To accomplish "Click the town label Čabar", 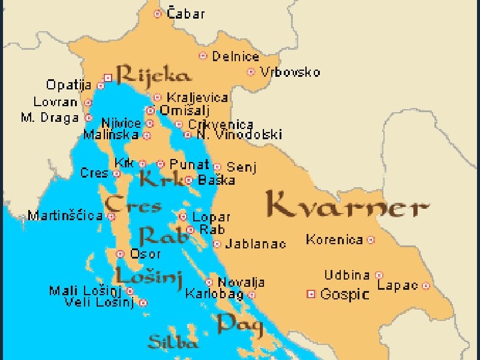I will pos(185,13).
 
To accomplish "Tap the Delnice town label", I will pos(235,56).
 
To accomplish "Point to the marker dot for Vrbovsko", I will pos(251,72).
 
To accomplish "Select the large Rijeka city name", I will pos(154,76).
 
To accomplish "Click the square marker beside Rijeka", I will pos(108,77).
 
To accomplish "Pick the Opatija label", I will pos(69,85).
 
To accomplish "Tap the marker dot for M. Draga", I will pos(89,118).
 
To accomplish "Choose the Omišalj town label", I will pos(187,110).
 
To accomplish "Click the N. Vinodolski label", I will pos(239,135).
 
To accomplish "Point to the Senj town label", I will pos(242,167).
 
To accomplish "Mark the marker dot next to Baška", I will pos(188,180).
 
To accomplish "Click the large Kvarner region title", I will pos(347,206).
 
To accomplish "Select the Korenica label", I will pos(334,240).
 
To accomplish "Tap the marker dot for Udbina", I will pos(379,275).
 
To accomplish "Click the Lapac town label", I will pos(397,286).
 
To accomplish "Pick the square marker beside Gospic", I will pos(311,294).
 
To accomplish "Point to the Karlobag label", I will pos(214,294).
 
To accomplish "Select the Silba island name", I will pos(173,343).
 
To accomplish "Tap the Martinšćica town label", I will pos(65,216).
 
